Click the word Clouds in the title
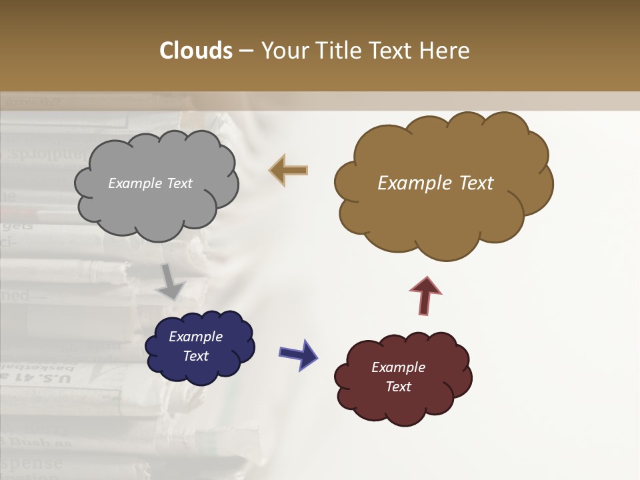click(x=196, y=50)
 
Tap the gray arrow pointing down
click(x=171, y=281)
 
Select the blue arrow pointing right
click(x=298, y=353)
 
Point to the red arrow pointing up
click(x=425, y=295)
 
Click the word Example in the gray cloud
click(x=135, y=183)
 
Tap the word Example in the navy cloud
click(x=195, y=337)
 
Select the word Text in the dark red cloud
click(x=398, y=387)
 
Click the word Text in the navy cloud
click(x=196, y=356)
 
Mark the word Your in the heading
click(x=281, y=50)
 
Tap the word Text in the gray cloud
click(x=179, y=183)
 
